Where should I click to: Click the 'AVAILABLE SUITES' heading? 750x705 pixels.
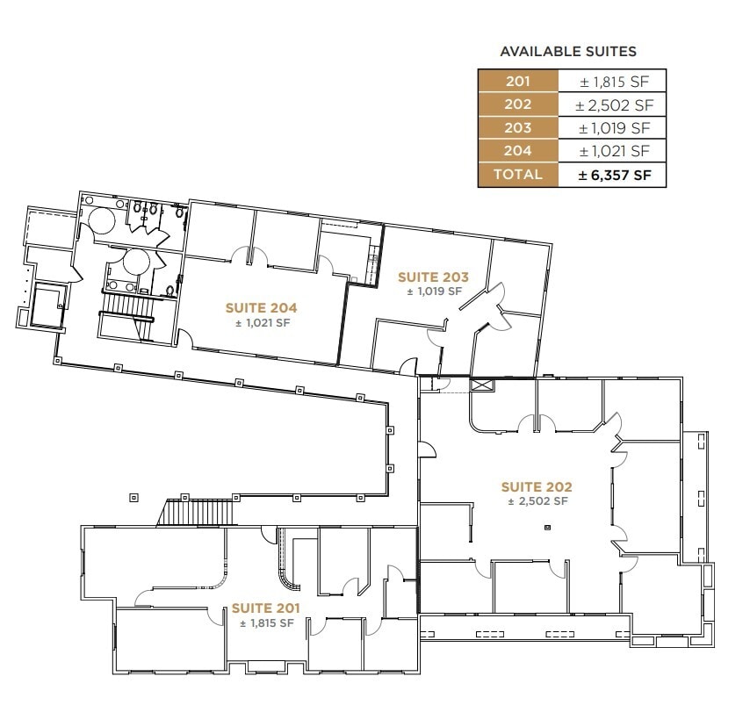[x=568, y=52]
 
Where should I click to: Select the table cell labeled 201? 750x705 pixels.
[x=518, y=82]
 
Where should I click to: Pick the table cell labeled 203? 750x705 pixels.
[x=518, y=128]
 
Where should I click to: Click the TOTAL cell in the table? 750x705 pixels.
[x=518, y=175]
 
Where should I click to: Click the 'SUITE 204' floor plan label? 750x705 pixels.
[x=261, y=308]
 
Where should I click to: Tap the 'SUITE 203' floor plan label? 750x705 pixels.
[x=433, y=277]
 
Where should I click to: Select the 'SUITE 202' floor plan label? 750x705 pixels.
[x=537, y=486]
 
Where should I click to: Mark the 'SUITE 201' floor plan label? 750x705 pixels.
[x=265, y=608]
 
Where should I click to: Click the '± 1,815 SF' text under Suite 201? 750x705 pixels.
[x=265, y=622]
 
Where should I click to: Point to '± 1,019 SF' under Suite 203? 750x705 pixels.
[x=433, y=291]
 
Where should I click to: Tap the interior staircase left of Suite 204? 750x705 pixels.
[x=128, y=308]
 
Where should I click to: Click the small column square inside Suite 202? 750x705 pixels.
[x=547, y=528]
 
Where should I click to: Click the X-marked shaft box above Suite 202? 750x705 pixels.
[x=482, y=384]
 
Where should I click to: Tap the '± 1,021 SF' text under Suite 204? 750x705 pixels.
[x=261, y=323]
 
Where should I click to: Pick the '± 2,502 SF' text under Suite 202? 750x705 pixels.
[x=537, y=501]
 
